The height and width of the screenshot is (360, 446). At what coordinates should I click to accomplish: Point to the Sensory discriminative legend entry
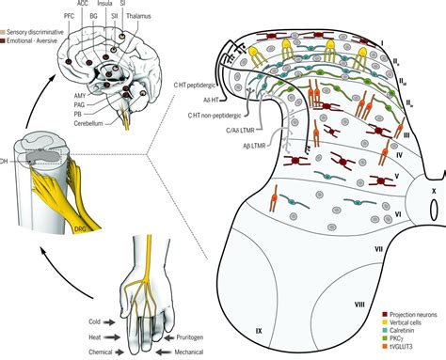click(x=36, y=32)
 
